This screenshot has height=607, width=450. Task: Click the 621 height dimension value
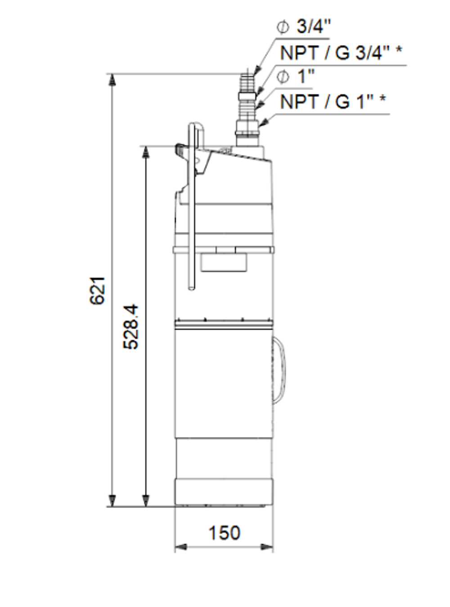[98, 290]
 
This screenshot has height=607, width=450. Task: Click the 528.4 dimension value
[131, 327]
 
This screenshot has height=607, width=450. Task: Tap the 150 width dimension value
[224, 533]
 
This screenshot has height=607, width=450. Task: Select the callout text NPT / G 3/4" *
[341, 53]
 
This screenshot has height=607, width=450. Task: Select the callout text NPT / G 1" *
[333, 102]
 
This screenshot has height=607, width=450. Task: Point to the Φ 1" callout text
[295, 76]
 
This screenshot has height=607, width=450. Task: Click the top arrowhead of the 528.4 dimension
[145, 152]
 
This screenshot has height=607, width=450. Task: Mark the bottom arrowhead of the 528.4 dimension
[145, 500]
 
